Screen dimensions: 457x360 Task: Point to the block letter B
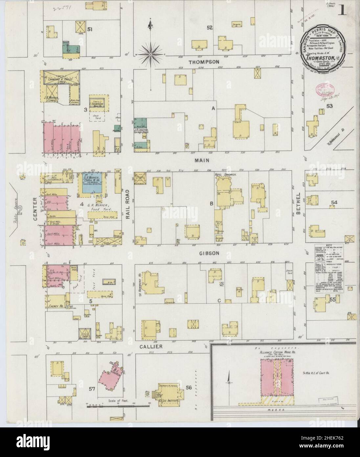point(212,204)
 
